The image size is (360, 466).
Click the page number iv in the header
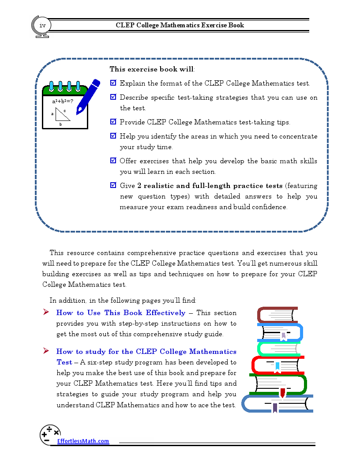coord(42,26)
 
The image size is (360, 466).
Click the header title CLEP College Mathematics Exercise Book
coord(180,25)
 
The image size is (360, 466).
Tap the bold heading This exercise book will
coord(151,69)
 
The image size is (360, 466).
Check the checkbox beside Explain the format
coord(113,83)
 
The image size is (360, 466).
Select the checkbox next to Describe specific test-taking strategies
coord(113,97)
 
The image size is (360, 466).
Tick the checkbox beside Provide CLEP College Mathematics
coord(113,122)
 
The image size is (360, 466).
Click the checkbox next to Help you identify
coord(113,136)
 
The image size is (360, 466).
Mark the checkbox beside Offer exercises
coord(113,161)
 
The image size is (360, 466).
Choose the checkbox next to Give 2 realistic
coord(113,186)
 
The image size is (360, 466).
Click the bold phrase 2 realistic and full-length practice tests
coord(210,186)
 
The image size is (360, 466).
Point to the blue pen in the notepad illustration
coord(88,97)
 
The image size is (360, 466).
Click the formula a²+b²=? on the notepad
coord(62,101)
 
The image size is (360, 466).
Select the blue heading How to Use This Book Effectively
coord(120,313)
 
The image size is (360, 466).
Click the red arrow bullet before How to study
coord(45,351)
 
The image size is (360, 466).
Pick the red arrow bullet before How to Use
coord(45,312)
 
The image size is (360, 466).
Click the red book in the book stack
coord(277,364)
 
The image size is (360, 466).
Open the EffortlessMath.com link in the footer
coord(82,441)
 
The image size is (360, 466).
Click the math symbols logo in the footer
coord(50,434)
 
